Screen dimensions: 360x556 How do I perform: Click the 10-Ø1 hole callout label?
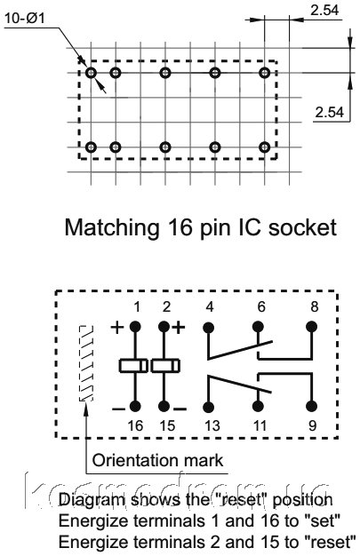25,18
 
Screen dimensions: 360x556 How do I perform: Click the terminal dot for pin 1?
134,327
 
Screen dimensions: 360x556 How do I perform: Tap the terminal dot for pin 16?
134,407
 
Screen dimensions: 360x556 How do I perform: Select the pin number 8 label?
314,307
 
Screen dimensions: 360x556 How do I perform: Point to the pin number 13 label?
212,425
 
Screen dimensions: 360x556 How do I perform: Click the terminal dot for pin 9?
311,407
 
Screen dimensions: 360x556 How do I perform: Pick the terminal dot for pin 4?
209,327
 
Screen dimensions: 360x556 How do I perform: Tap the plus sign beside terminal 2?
179,327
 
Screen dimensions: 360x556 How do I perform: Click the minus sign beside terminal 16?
118,409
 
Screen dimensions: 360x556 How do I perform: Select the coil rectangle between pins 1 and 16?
133,366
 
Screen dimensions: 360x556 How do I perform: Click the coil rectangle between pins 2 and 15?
165,366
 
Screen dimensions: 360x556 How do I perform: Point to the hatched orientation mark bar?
86,363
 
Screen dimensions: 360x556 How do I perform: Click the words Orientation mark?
157,460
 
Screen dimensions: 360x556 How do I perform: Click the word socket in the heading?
302,227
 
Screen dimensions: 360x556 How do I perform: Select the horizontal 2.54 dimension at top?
324,10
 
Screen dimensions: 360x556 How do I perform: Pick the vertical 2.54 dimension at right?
330,113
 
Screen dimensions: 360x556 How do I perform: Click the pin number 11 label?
259,425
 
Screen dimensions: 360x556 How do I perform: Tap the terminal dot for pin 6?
258,327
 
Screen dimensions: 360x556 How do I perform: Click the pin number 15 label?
167,425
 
